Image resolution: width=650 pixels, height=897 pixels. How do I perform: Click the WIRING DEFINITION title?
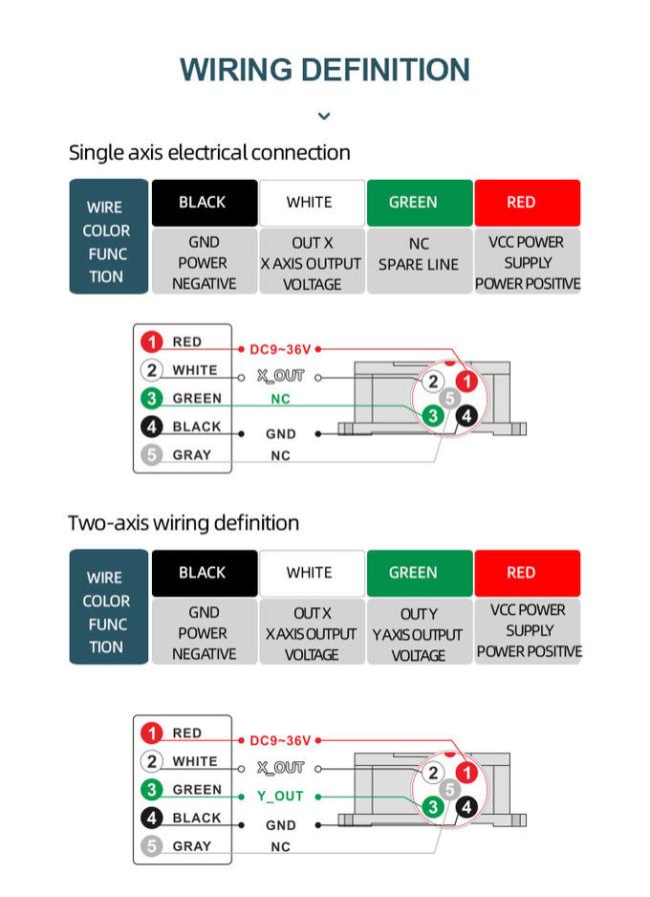[324, 70]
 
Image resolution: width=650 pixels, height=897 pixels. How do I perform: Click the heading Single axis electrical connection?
[209, 153]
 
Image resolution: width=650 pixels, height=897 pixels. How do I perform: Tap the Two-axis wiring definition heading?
[183, 523]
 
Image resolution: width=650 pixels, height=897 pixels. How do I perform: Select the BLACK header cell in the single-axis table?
[202, 202]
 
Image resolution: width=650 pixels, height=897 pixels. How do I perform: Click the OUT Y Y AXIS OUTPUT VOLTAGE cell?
[418, 634]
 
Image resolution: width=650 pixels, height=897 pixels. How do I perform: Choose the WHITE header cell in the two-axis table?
[309, 572]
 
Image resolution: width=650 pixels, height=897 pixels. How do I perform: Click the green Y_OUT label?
[279, 797]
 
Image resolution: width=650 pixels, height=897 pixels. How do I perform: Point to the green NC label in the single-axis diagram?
[280, 399]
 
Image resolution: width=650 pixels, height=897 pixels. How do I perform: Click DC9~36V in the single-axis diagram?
[280, 350]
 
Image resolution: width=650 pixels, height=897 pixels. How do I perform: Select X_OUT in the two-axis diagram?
[280, 768]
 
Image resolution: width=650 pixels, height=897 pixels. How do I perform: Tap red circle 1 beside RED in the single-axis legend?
[152, 342]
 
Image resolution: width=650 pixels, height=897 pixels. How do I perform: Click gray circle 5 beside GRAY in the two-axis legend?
[152, 846]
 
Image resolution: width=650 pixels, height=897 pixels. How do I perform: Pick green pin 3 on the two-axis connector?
[433, 806]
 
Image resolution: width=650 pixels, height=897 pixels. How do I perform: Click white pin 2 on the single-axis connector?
[433, 382]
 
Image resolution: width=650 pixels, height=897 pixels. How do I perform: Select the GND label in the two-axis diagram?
[280, 826]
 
